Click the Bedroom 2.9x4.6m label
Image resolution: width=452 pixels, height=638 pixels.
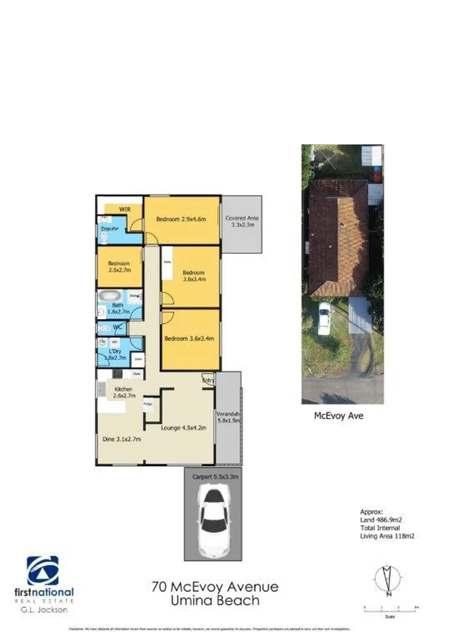(181, 220)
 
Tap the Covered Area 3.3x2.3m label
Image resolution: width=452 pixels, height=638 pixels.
(242, 222)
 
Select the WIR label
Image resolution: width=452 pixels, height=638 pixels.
(125, 209)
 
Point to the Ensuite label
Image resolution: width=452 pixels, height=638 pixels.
(109, 229)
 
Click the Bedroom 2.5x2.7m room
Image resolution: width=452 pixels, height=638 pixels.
(119, 267)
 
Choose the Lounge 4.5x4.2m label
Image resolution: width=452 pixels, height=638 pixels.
(183, 428)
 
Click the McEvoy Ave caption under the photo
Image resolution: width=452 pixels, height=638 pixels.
(338, 416)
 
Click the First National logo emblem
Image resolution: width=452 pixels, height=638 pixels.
(43, 571)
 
